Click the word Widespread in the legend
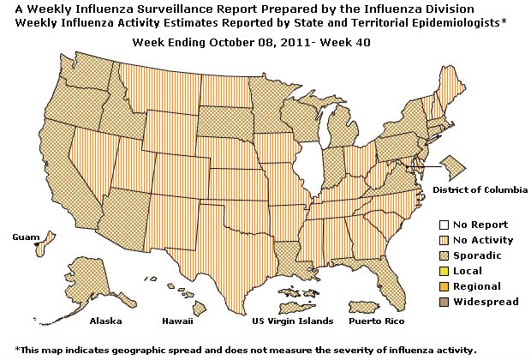[485, 302]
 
